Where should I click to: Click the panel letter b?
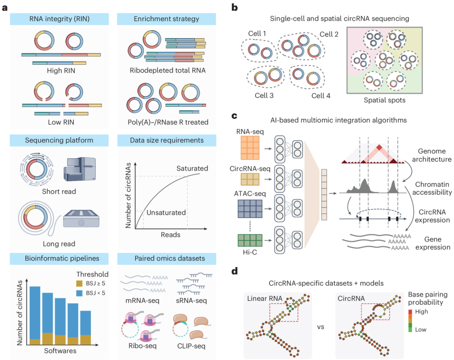click(235, 7)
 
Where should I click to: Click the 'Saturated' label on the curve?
click(192, 168)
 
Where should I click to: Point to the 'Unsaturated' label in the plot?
click(166, 213)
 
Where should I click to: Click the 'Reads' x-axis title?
click(170, 235)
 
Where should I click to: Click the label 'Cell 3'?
click(265, 96)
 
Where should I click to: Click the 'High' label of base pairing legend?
click(421, 312)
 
